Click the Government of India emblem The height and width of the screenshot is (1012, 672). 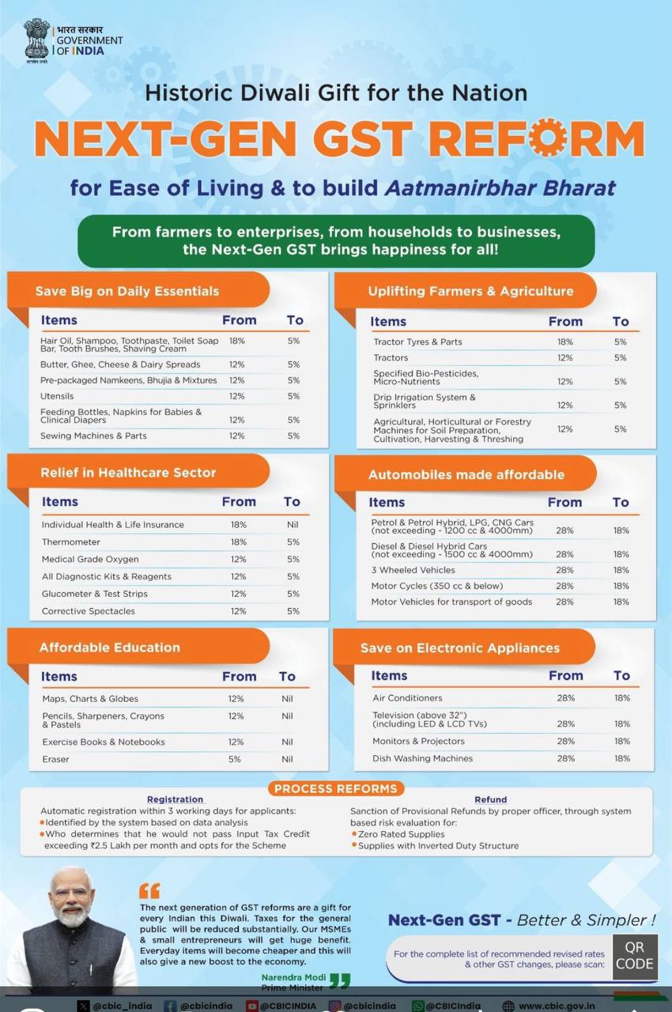[36, 40]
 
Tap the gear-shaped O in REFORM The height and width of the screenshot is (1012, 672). [546, 138]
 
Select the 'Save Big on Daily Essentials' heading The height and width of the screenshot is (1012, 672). [127, 291]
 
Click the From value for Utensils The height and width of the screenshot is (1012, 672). [236, 396]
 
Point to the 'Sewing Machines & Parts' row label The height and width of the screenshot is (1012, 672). [93, 436]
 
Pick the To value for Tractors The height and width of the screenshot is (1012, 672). [620, 358]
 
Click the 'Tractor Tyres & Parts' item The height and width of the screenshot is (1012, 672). [417, 342]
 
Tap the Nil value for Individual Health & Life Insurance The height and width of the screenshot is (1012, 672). [293, 525]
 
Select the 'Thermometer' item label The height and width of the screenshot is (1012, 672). [71, 542]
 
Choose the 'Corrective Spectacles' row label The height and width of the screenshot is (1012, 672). [89, 611]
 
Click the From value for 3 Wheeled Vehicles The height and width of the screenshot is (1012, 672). [564, 570]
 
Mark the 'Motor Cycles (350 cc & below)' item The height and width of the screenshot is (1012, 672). [437, 586]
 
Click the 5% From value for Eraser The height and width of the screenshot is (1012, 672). [234, 760]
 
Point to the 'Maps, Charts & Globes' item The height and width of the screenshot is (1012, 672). [90, 699]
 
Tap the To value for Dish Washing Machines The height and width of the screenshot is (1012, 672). [622, 758]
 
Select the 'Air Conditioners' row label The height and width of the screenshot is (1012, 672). [407, 698]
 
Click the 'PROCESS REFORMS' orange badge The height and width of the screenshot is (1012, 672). [336, 789]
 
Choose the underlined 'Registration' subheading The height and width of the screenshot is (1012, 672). [176, 799]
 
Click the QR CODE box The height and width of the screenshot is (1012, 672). [635, 957]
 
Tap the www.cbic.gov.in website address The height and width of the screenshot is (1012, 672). [557, 1006]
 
